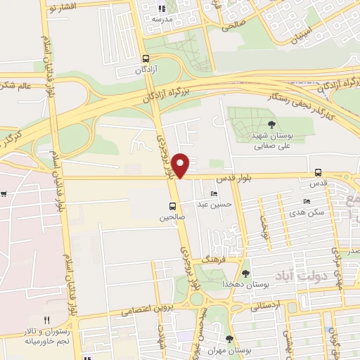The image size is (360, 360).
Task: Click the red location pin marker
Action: click(181, 165)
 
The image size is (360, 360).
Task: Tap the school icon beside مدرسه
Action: click(161, 9)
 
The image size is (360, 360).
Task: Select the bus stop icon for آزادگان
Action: click(146, 59)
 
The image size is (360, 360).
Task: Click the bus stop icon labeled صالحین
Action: click(172, 206)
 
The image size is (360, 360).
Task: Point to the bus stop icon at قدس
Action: click(319, 172)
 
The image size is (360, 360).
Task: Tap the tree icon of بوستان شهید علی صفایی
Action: click(262, 126)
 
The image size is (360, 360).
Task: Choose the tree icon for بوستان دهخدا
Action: click(245, 273)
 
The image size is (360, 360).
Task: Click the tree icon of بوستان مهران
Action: click(229, 338)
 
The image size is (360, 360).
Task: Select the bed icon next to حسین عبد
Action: click(214, 193)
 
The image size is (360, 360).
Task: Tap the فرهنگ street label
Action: click(212, 259)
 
